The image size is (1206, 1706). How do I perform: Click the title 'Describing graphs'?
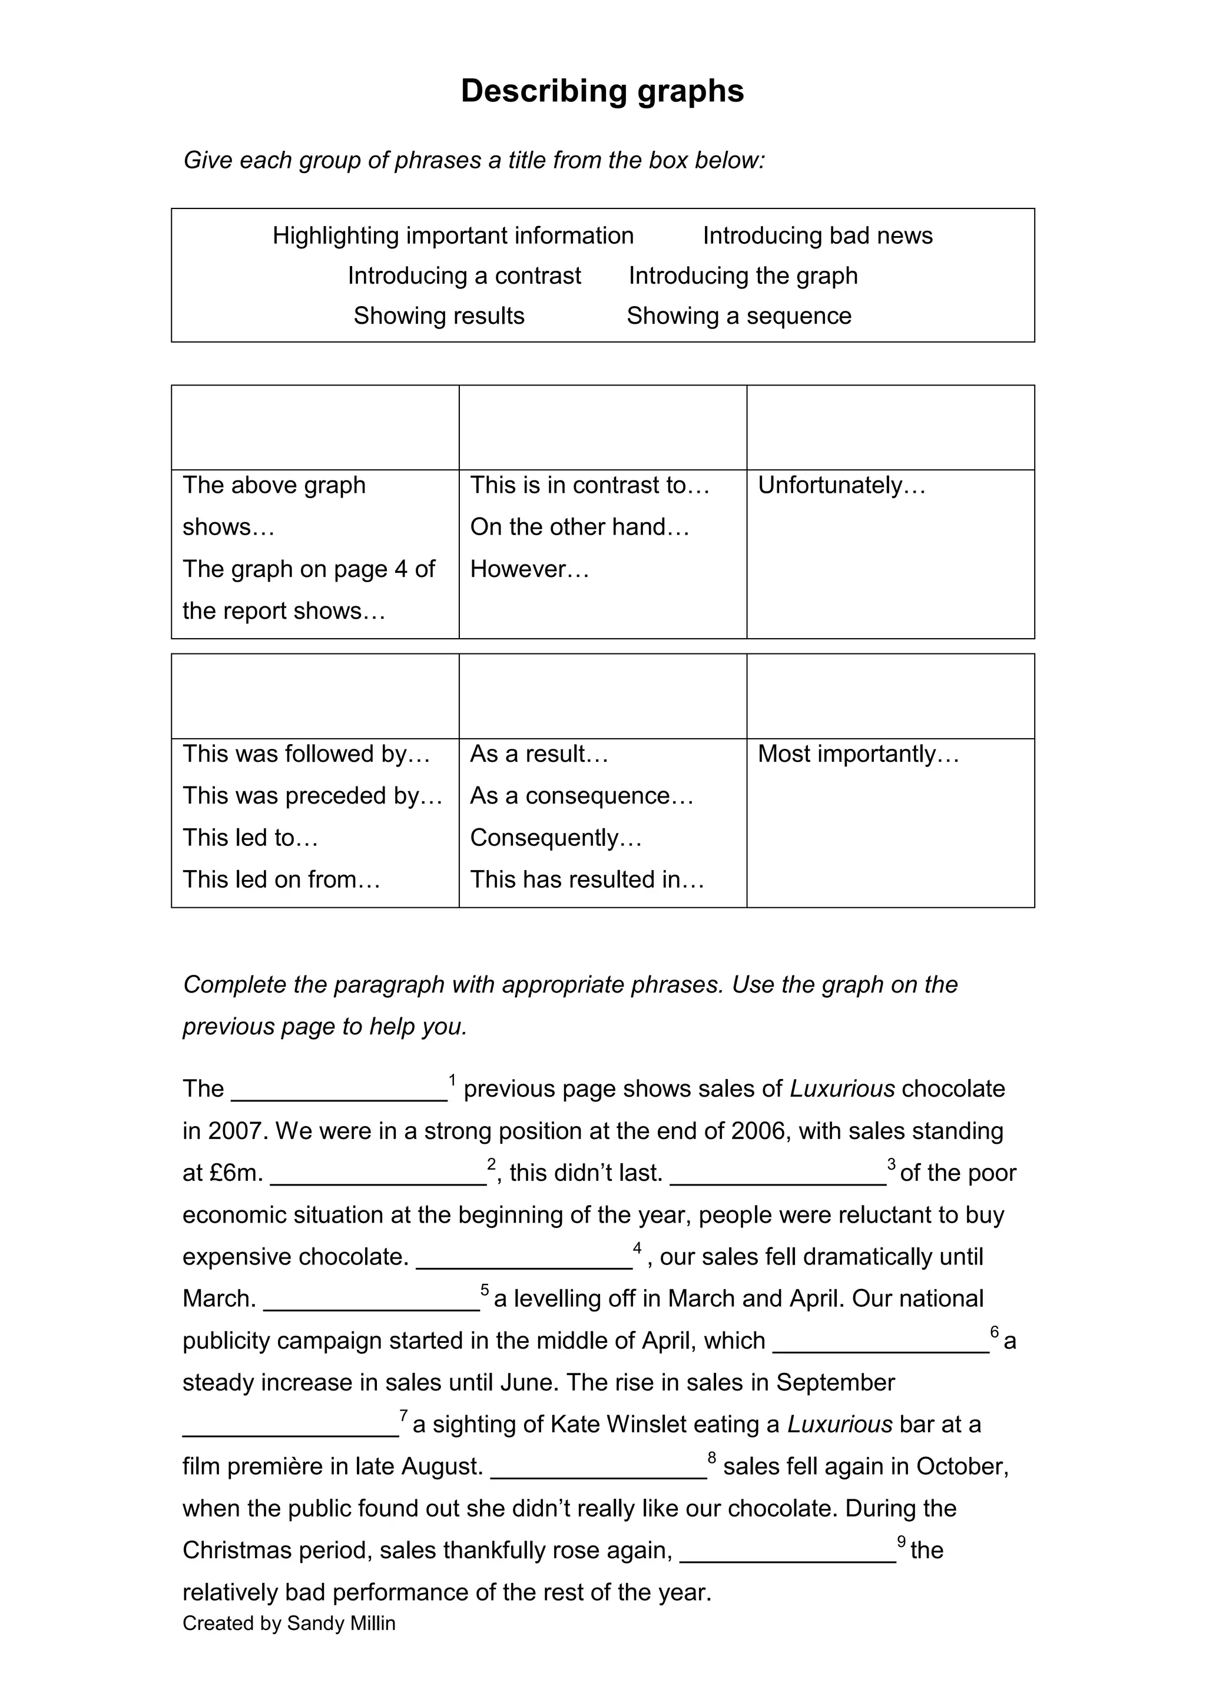602,91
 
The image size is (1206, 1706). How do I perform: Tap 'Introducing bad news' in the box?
817,235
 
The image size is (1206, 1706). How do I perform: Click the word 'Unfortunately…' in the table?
841,485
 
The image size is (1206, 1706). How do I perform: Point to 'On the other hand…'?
579,527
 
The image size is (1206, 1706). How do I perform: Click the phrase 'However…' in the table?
529,569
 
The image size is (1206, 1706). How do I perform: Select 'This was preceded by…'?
312,796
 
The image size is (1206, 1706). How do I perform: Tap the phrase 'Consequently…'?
556,837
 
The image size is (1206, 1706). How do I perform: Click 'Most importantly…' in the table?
858,754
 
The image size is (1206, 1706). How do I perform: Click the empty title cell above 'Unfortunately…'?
890,427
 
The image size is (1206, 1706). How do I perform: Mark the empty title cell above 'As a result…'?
602,696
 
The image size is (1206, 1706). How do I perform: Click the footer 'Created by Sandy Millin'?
289,1624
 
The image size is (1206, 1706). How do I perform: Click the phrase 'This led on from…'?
281,879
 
